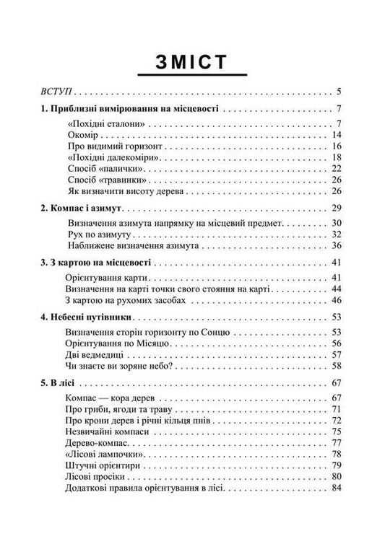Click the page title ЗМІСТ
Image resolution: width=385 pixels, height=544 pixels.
pos(192,61)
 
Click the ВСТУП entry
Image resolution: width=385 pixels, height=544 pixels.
pos(55,92)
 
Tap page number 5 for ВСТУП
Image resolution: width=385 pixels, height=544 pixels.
pos(339,92)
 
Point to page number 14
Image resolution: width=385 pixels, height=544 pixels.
pos(336,135)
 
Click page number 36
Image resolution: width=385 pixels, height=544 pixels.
pos(336,246)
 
